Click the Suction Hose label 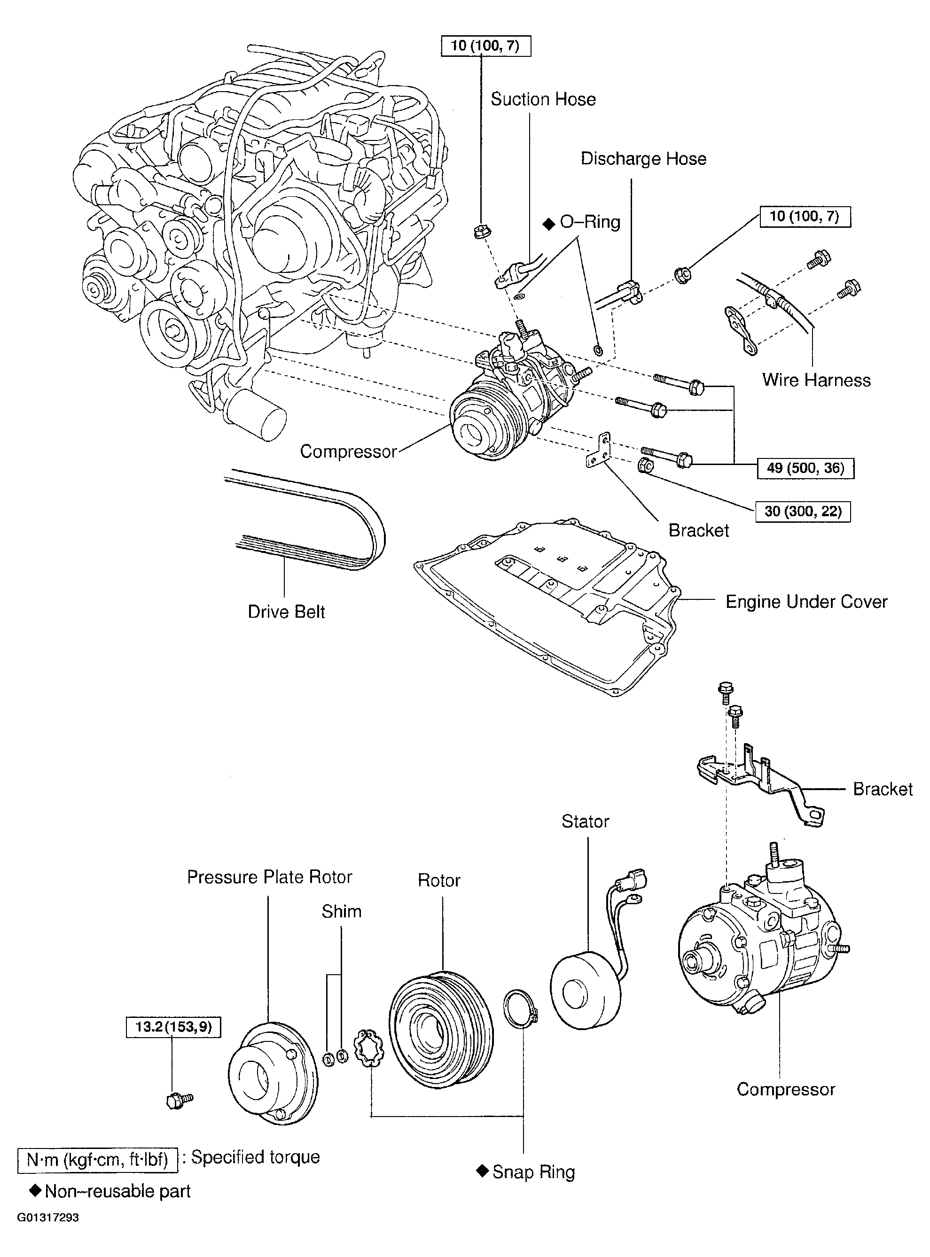click(543, 100)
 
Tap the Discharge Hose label click(643, 159)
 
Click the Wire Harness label click(816, 380)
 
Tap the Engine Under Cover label click(805, 602)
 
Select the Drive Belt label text click(286, 612)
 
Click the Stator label click(585, 821)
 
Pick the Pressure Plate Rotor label click(269, 877)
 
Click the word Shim click(341, 911)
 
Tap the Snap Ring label click(532, 1172)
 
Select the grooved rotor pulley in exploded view click(441, 1030)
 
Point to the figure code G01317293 click(48, 1218)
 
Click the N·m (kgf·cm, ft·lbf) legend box click(98, 1160)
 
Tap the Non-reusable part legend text click(117, 1191)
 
